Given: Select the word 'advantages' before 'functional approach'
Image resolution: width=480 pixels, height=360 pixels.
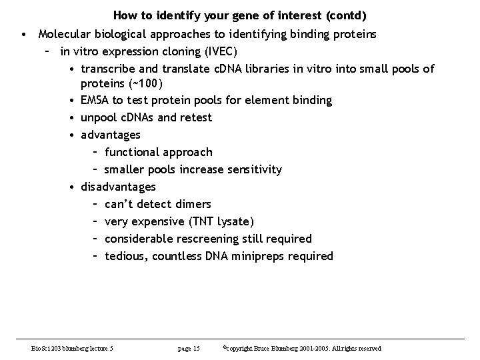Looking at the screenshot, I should [111, 135].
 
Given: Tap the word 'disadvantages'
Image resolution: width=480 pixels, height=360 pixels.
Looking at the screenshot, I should [118, 187].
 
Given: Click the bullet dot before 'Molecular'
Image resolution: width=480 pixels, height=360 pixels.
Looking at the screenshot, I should [23, 33].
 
